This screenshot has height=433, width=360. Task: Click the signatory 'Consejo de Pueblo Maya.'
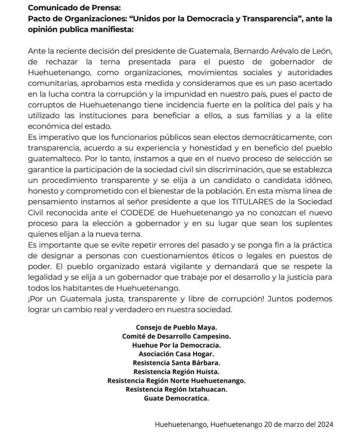pos(176,327)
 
